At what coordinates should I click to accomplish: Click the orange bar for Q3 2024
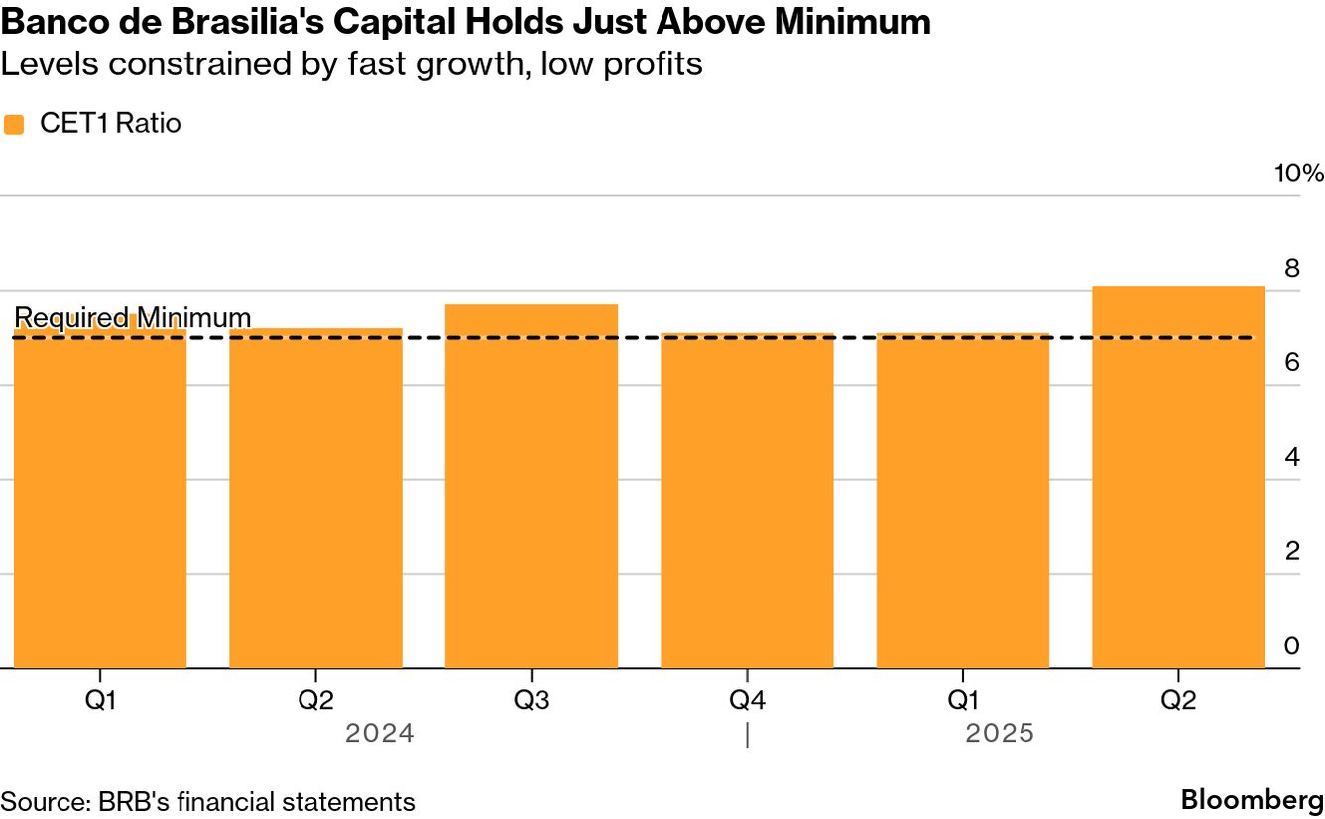click(532, 486)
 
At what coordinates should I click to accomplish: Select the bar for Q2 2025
click(1178, 477)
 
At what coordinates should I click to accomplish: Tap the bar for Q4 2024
click(747, 501)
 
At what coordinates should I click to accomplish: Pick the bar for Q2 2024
click(315, 498)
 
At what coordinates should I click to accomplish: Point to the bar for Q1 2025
click(963, 501)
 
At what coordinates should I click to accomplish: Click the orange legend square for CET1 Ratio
click(14, 124)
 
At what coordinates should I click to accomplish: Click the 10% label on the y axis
click(1298, 174)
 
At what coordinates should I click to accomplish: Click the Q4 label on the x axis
click(747, 700)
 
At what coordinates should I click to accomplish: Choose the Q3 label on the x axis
click(532, 700)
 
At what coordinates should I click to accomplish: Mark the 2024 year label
click(379, 734)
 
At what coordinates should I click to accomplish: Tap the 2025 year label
click(1000, 734)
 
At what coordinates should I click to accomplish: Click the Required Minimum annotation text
click(132, 318)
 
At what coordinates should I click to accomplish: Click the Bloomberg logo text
click(1252, 801)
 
